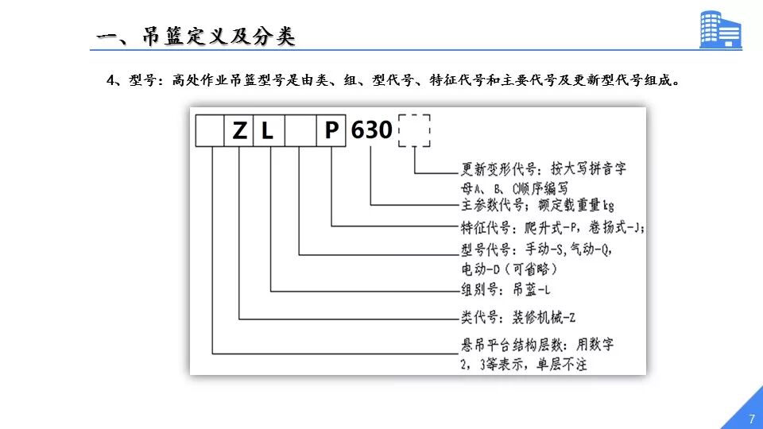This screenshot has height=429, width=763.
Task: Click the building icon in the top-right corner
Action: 719,30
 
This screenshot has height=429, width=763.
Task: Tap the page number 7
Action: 751,419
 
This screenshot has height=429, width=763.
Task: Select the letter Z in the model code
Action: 240,131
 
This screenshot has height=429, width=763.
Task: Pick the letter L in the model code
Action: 268,131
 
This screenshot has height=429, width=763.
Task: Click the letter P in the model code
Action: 331,130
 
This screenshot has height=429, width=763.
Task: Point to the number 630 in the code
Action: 372,130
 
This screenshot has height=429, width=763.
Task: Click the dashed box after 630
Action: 414,129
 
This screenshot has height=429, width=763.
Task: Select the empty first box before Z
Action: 211,131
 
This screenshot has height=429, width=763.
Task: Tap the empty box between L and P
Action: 300,131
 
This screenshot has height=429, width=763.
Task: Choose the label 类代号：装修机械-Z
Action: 517,318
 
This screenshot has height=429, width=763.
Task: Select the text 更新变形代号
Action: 498,169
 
